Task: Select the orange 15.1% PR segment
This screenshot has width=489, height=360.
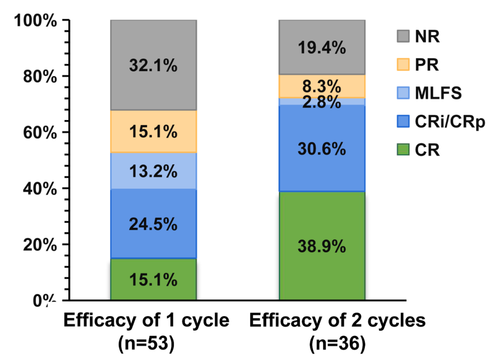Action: [153, 131]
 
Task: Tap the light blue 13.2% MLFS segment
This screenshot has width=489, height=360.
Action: [153, 171]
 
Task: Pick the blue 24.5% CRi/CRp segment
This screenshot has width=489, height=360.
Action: [153, 223]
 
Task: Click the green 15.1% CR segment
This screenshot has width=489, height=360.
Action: [153, 279]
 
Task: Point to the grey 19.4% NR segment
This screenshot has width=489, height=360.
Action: [321, 47]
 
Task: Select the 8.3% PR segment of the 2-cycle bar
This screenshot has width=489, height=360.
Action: [321, 86]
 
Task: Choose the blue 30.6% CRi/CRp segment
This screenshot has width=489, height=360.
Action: [321, 148]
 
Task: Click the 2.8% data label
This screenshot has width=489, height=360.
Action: [322, 102]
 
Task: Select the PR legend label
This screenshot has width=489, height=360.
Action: [427, 65]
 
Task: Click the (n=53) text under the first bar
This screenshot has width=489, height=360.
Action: [146, 344]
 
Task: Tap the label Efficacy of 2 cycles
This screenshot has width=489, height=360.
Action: [337, 321]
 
